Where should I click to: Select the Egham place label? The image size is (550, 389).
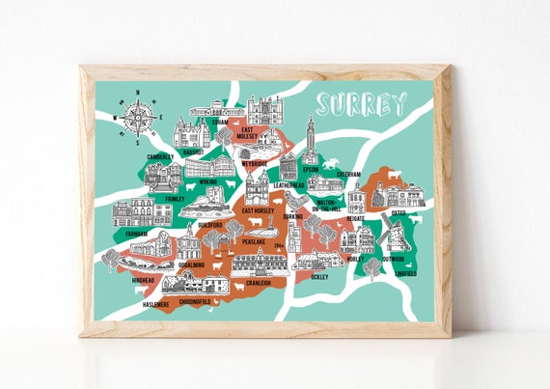[x=220, y=123]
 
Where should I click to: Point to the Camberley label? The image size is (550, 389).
[x=159, y=156]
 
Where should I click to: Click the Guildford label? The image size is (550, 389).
[x=210, y=225]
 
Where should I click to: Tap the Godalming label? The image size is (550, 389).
[x=191, y=264]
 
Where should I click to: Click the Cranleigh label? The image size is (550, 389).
[x=259, y=284]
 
